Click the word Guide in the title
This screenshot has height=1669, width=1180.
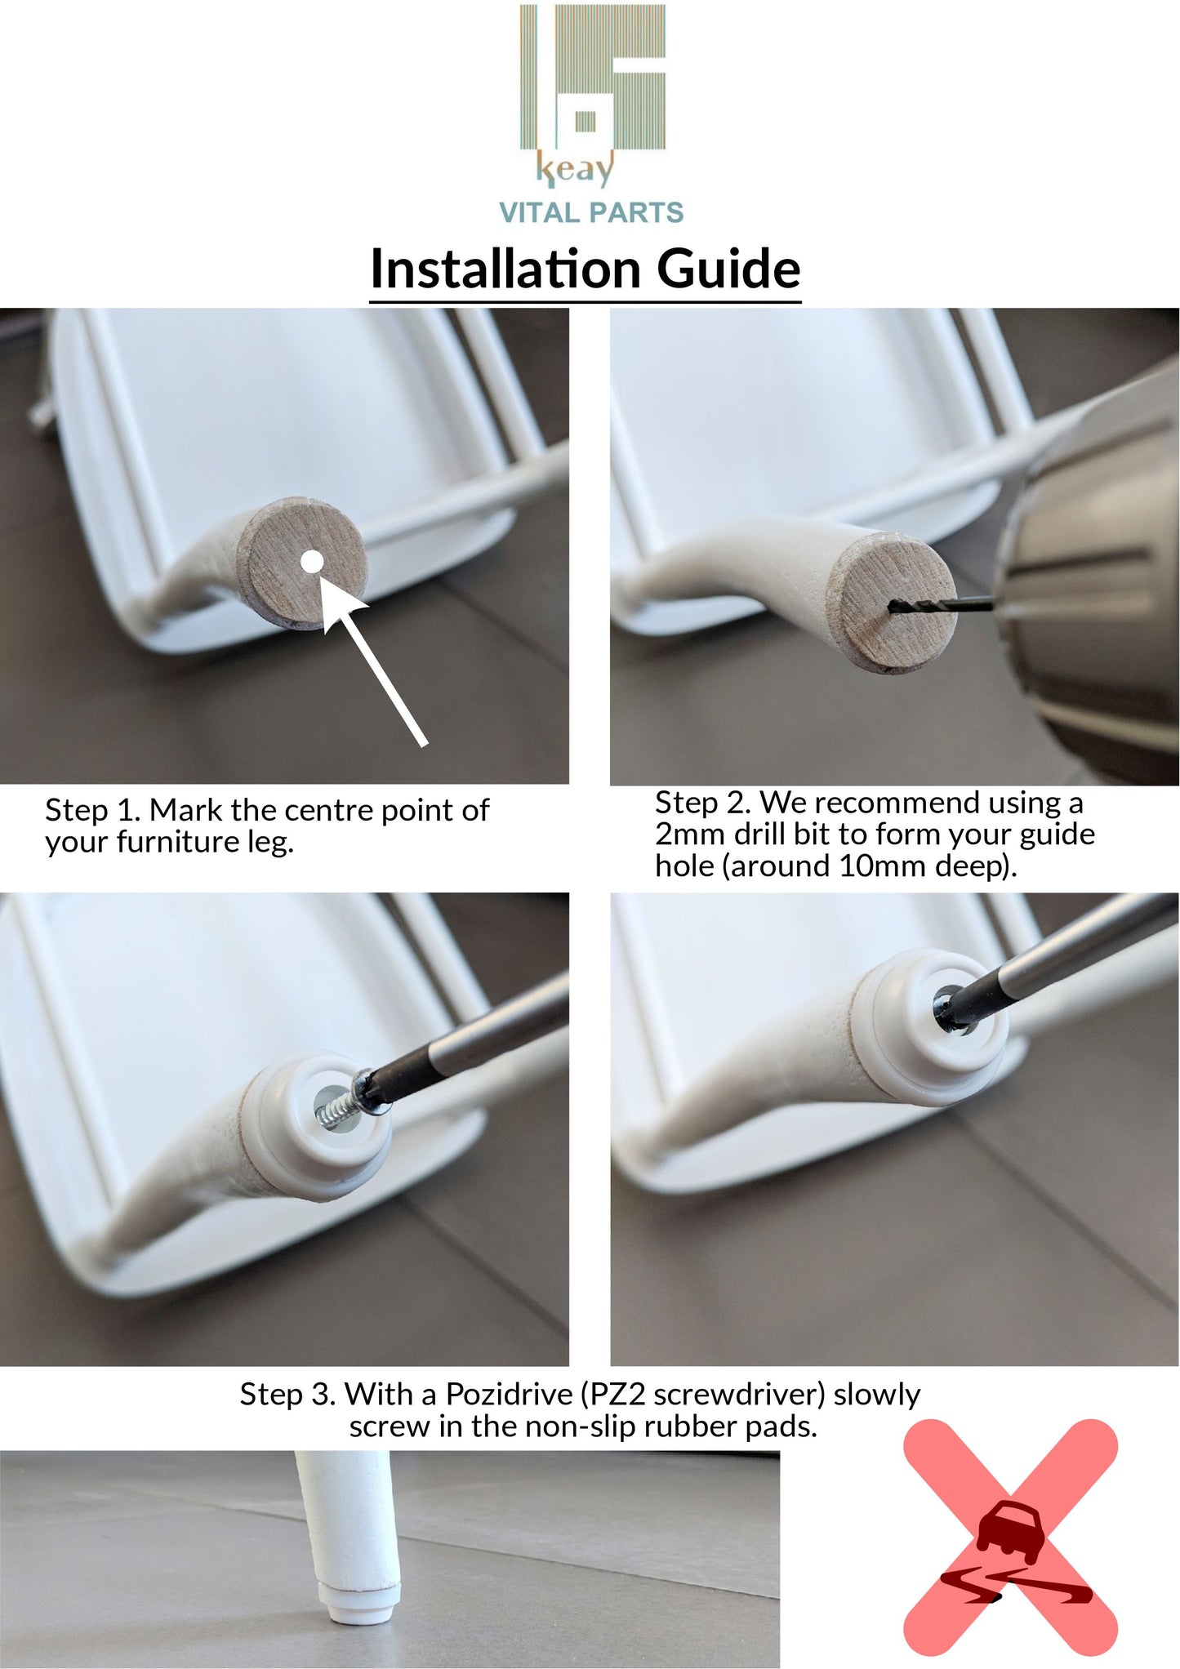(728, 269)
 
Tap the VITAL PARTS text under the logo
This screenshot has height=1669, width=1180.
(591, 213)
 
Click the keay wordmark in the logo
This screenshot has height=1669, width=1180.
(575, 170)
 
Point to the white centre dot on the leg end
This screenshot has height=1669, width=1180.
(312, 562)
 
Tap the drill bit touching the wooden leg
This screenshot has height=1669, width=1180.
(941, 605)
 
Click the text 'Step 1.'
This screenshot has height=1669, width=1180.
(93, 811)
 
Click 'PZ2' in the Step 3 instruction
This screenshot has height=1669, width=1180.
(617, 1395)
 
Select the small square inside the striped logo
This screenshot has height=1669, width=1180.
(585, 122)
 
